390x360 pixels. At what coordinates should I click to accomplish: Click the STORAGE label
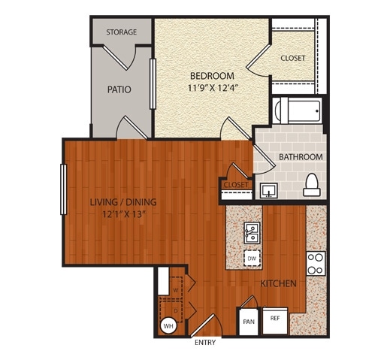point(121,32)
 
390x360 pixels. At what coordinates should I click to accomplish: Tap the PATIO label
point(119,89)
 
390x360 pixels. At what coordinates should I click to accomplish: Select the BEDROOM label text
point(211,76)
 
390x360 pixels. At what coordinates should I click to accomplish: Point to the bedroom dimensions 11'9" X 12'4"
point(211,89)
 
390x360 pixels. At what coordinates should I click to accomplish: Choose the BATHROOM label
point(301,157)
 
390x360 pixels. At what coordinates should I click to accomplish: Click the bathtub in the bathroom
point(297,110)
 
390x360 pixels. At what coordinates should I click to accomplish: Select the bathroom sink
point(268,189)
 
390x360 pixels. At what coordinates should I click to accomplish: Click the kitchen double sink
point(252,234)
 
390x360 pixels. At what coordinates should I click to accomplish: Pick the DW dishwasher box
point(252,259)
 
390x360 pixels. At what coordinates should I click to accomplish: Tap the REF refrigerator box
point(275,319)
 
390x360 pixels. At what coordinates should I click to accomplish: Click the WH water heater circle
point(169,327)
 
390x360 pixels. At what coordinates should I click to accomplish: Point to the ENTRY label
point(205,343)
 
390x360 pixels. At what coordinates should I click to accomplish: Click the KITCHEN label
point(277,283)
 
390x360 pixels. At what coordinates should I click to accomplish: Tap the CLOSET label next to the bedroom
point(292,58)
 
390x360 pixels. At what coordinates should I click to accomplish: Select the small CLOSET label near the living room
point(236,184)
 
